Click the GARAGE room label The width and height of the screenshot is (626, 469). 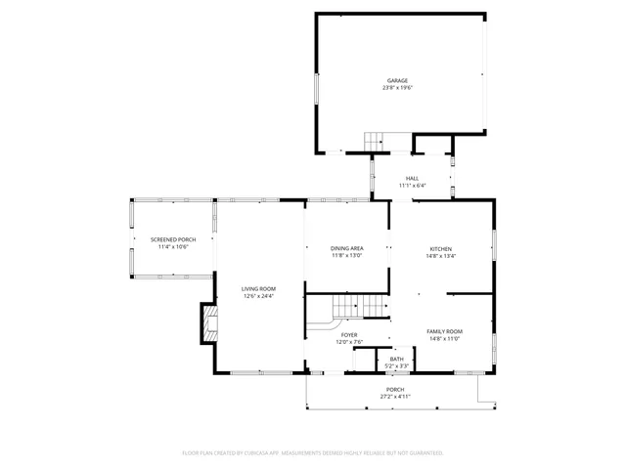396,81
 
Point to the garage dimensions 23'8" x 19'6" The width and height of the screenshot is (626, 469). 396,88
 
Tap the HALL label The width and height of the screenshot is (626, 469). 412,178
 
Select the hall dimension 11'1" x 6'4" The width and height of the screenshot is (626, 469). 412,185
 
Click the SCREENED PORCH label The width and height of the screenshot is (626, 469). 172,239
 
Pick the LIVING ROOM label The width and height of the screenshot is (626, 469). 259,288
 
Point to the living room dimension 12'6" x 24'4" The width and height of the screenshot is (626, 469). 259,296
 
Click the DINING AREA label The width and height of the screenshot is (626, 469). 346,248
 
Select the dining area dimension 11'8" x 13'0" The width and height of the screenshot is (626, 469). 346,256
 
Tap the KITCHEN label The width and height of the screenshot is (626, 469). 441,248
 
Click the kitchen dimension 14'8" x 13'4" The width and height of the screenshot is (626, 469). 441,256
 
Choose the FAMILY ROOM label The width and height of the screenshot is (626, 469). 444,331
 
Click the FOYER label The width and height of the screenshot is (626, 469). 349,334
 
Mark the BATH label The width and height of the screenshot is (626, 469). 396,359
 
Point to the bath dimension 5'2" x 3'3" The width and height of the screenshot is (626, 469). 396,365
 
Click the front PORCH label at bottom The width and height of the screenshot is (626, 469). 395,389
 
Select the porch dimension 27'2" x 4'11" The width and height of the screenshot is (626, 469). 395,397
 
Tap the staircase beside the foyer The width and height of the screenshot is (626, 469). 359,308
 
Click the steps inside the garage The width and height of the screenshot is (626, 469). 377,142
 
